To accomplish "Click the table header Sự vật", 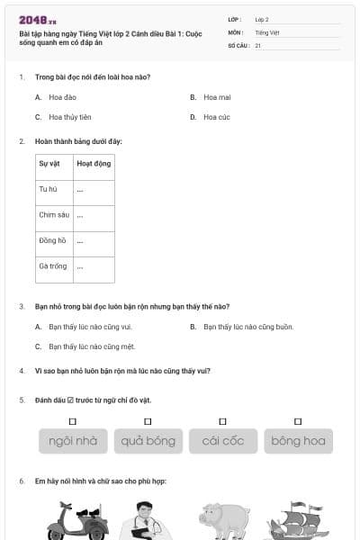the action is (49, 164).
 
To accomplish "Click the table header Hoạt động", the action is (93, 164).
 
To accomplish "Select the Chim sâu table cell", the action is (53, 215).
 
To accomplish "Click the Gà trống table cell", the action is (52, 266).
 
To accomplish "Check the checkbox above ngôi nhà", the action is (73, 421).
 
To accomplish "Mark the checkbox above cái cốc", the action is (222, 421).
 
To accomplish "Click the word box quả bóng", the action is (148, 441).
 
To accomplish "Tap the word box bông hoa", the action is (298, 441).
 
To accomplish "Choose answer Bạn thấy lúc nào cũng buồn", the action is (247, 327).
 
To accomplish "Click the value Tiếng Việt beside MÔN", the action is (267, 31).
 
